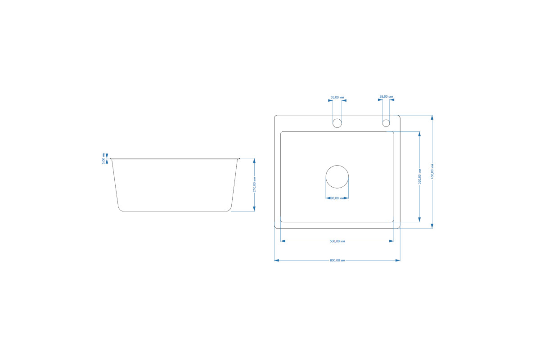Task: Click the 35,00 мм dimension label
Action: (337, 97)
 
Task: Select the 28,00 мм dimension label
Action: (386, 96)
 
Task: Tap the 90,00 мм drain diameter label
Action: (338, 198)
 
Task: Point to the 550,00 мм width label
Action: (337, 241)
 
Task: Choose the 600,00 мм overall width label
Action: (337, 261)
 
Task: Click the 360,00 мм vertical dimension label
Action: (419, 176)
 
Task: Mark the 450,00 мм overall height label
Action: (432, 171)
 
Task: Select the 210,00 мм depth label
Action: (254, 184)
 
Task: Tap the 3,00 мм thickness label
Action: (103, 158)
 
